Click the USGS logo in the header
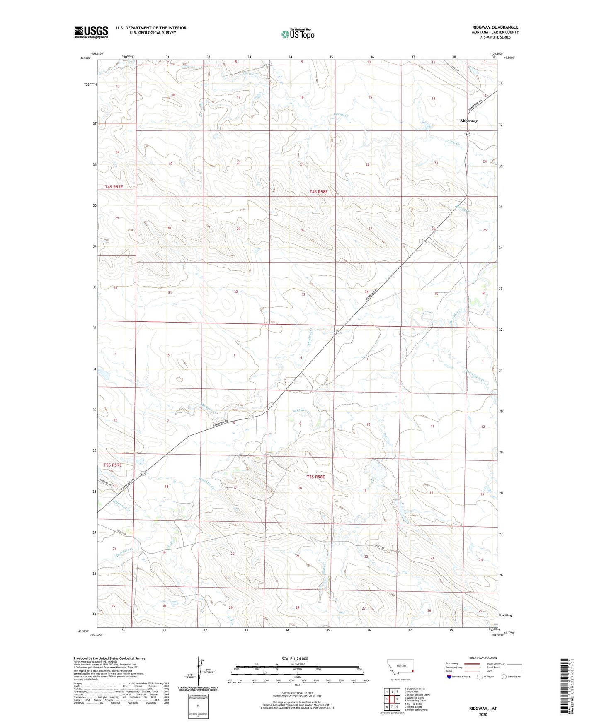coord(91,32)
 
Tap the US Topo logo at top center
coord(298,34)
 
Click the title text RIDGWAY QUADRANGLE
coord(495,27)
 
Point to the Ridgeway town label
coord(468,121)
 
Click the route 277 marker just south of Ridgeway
coord(468,134)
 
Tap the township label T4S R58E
coord(318,192)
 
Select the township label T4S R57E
coord(114,187)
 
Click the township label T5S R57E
coord(112,465)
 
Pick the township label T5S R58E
coord(316,477)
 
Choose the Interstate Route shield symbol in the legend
coord(450,677)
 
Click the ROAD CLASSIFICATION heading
coord(483,658)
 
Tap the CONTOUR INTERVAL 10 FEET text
coord(297,692)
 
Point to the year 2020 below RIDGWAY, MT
coord(483,714)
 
